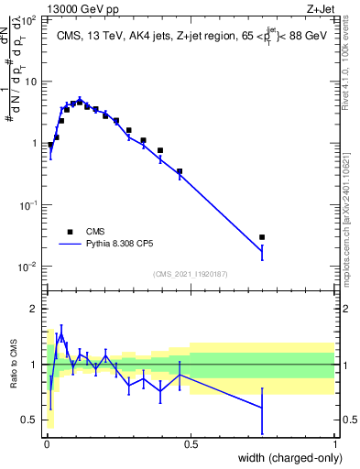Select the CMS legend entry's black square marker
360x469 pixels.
(x=70, y=233)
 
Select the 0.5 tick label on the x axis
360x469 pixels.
(x=191, y=444)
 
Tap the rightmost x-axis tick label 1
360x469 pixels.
(x=335, y=444)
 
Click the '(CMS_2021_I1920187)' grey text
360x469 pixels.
(x=190, y=275)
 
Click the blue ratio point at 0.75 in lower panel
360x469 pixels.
(x=262, y=407)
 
